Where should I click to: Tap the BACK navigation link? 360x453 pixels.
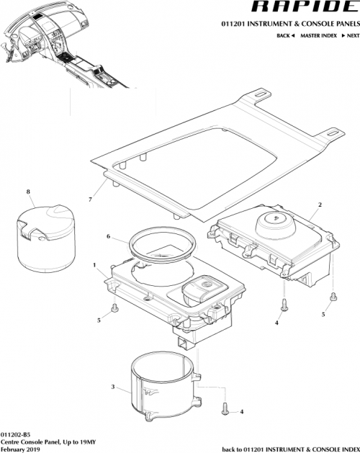pos(285,35)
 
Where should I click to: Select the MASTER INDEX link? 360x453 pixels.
pos(318,35)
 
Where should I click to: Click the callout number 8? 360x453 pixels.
pos(28,192)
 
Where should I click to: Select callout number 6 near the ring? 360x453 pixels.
pos(108,236)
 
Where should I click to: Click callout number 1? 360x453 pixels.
pos(94,265)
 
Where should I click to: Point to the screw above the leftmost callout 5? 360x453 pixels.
pos(115,309)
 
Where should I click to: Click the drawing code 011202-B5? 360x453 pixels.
pos(16,434)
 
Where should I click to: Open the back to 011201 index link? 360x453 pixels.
pos(289,448)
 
